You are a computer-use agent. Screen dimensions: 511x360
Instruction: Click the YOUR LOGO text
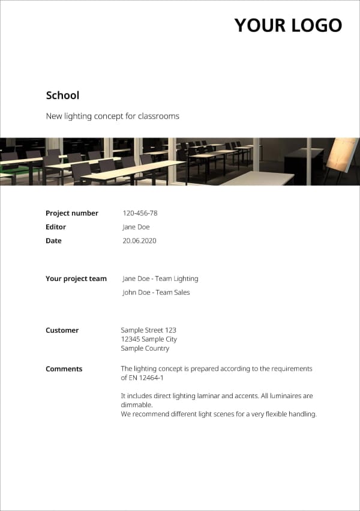tap(288, 25)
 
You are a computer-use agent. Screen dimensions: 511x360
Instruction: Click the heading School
tap(62, 95)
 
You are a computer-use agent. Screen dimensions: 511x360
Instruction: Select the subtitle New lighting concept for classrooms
tap(112, 116)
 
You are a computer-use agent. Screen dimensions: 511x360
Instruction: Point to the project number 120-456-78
tap(140, 213)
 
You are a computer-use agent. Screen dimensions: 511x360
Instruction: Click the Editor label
tap(56, 227)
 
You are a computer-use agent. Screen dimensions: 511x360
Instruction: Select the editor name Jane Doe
tap(136, 227)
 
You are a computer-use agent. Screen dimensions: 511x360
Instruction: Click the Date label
tap(53, 241)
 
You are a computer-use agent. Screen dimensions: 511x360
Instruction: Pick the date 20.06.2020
tap(139, 241)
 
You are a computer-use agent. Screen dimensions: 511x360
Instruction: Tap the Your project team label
tap(76, 279)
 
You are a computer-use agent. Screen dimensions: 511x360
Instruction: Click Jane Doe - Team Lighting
tap(160, 279)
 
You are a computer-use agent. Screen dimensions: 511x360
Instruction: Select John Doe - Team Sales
tap(156, 292)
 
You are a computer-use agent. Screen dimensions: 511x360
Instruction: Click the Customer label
tap(62, 330)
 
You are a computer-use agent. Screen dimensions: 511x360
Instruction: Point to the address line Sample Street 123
tap(148, 330)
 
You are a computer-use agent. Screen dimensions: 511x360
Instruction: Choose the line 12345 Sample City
tap(149, 339)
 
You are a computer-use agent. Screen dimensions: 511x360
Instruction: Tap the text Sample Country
tap(145, 348)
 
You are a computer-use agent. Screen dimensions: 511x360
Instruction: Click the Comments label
tap(64, 369)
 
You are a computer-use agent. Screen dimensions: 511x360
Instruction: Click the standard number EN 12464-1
tap(146, 378)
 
